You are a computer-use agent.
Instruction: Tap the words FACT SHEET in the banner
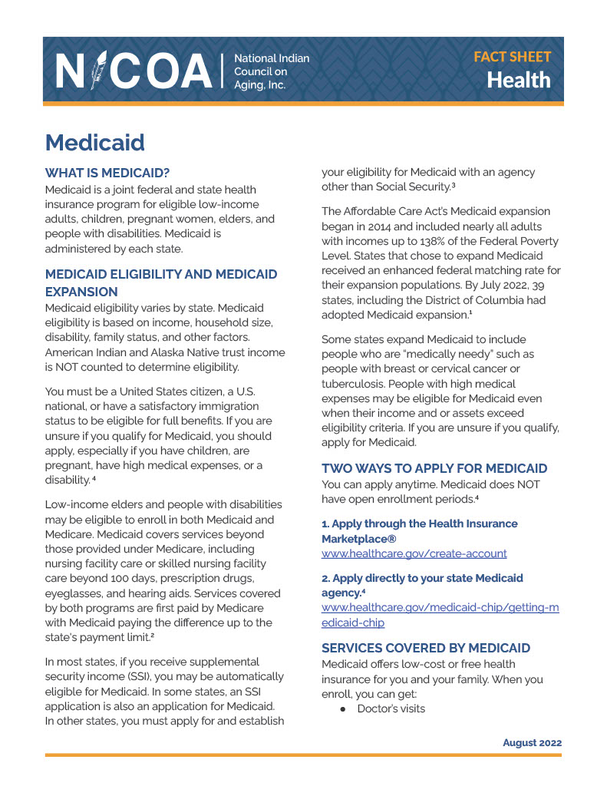[512, 57]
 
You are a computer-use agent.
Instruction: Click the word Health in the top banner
[519, 80]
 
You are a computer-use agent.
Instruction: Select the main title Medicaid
[94, 142]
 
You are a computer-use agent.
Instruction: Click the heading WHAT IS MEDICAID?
[107, 173]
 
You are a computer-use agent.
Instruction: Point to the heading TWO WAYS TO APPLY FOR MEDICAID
[434, 468]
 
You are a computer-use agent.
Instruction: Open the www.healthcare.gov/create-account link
[414, 553]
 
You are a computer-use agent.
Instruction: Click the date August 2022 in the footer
[532, 742]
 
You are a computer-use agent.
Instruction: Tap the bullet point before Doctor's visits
[345, 708]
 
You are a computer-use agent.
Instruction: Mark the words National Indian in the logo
[272, 58]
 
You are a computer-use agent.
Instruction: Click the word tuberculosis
[357, 384]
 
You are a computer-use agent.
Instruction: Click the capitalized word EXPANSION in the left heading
[81, 292]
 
